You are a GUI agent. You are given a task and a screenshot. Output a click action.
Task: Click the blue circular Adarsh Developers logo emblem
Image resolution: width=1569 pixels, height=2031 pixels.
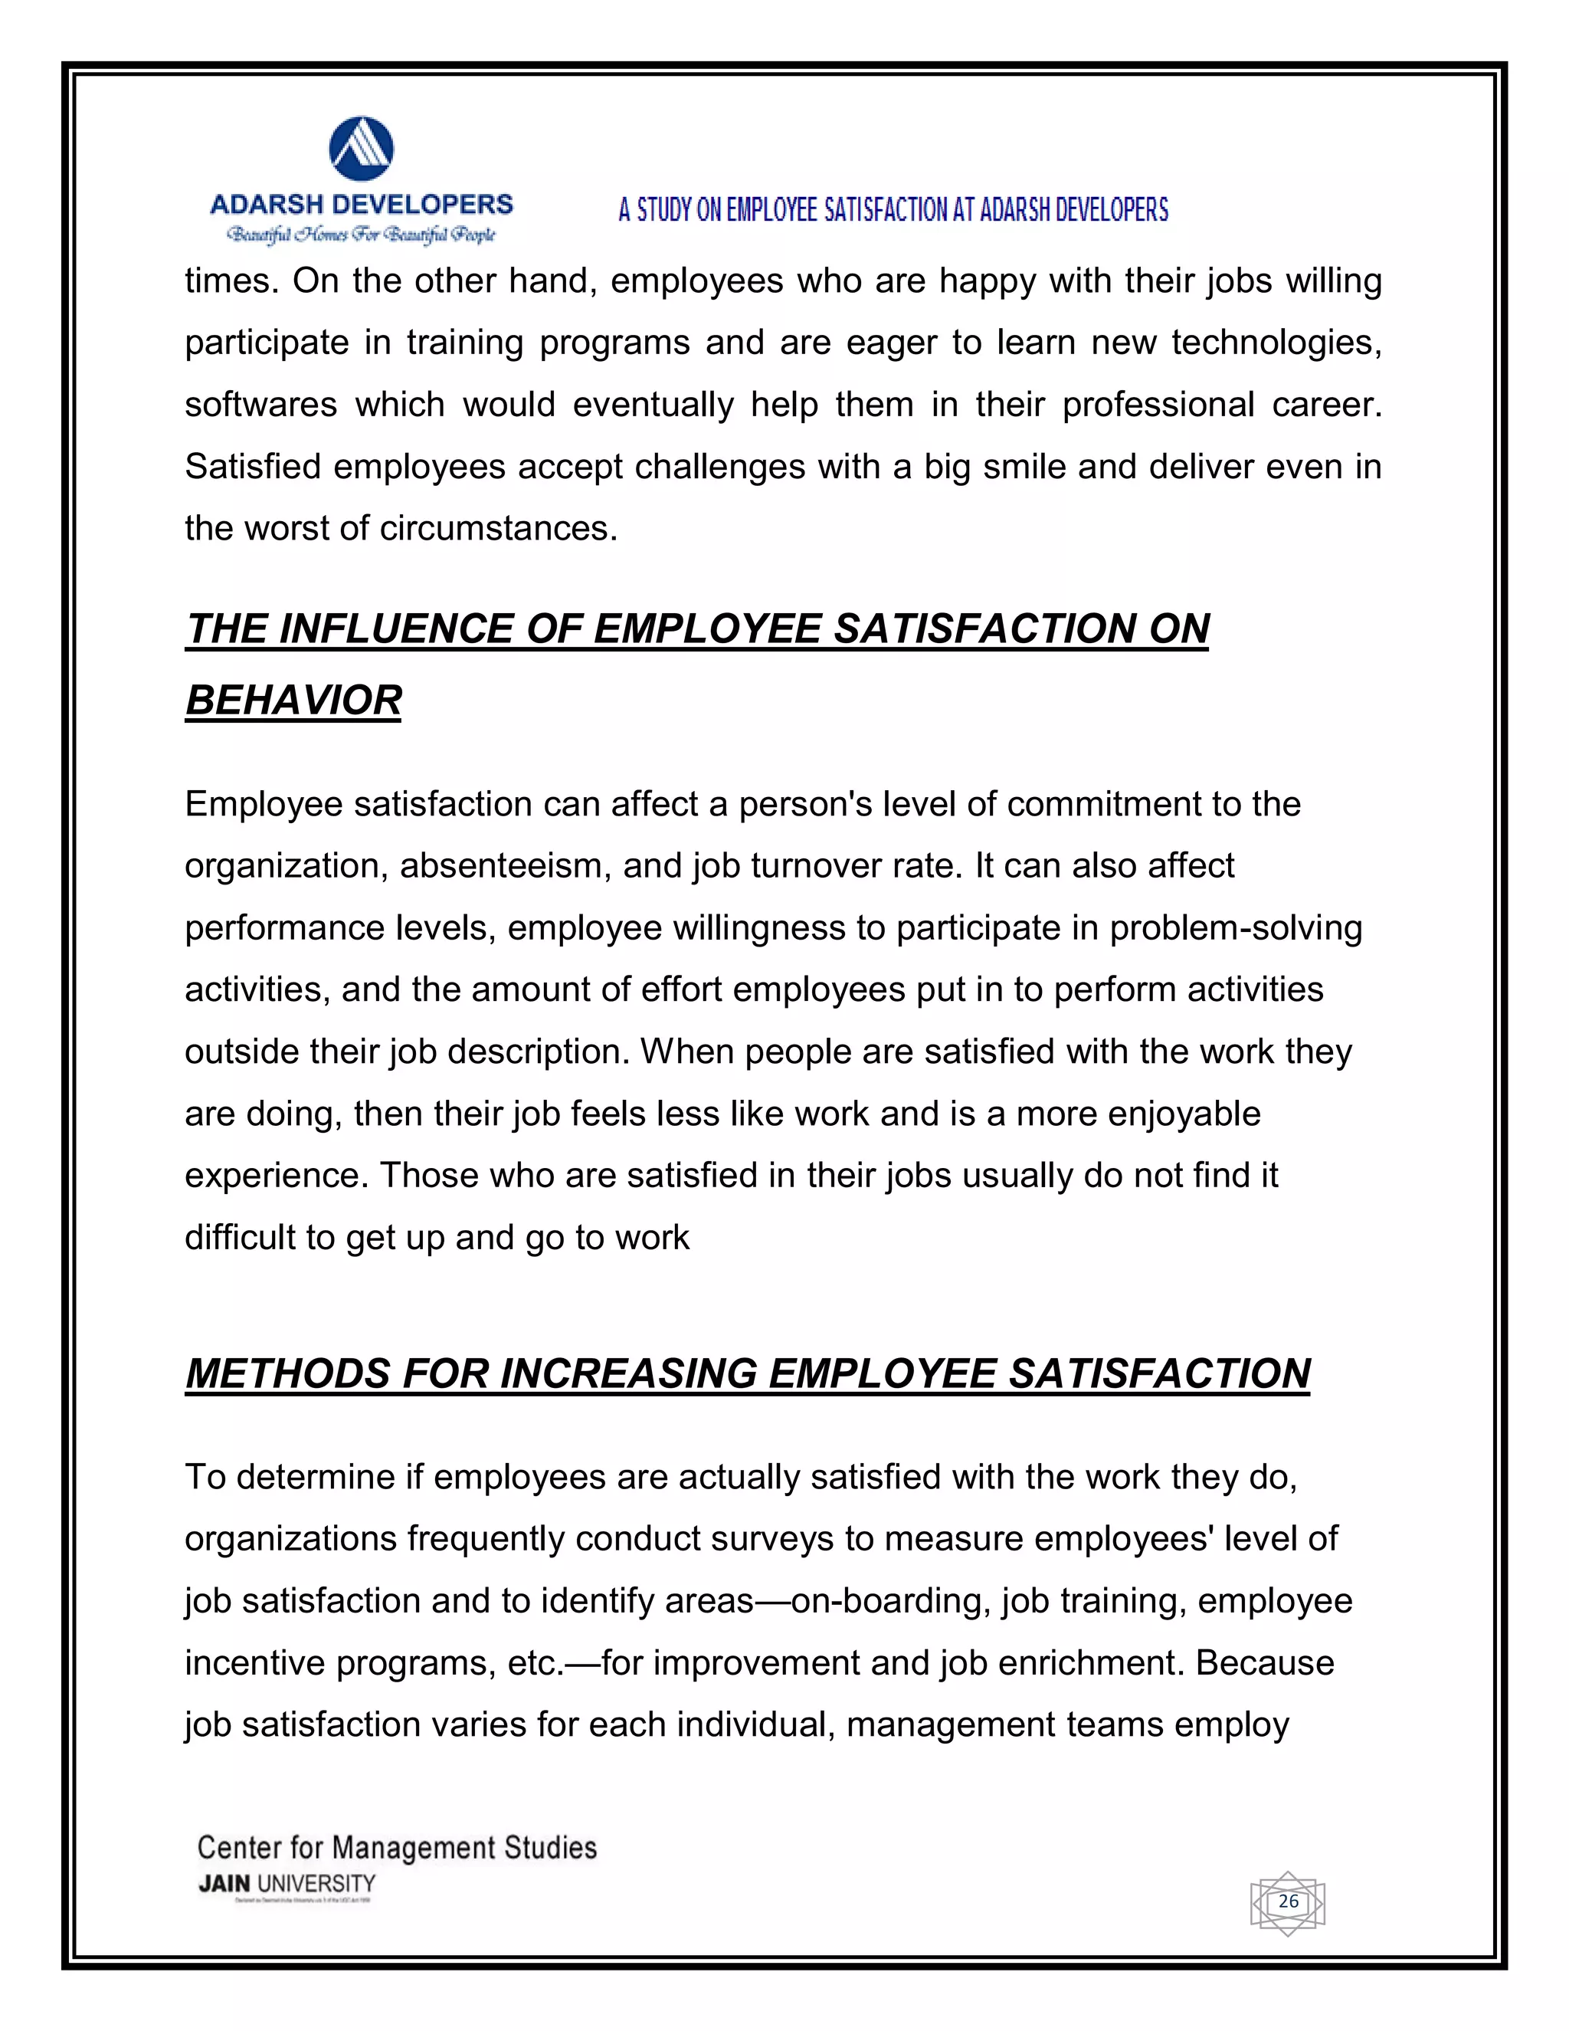click(x=362, y=149)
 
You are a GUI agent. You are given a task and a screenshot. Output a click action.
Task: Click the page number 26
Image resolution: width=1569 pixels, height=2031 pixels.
click(x=1287, y=1901)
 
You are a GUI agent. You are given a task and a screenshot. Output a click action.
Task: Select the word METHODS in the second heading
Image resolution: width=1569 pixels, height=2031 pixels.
click(x=287, y=1373)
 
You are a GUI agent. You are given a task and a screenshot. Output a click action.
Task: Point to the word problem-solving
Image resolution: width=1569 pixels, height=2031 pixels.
click(x=1235, y=928)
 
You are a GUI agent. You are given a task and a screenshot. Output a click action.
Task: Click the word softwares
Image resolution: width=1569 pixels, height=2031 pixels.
click(x=260, y=405)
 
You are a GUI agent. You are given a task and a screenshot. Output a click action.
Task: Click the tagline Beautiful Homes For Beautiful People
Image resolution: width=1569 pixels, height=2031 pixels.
click(x=362, y=235)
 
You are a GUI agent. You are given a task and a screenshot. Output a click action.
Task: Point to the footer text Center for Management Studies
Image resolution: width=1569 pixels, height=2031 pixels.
click(x=397, y=1847)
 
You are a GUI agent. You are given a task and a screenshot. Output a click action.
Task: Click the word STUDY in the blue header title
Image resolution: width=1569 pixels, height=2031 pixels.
click(x=663, y=210)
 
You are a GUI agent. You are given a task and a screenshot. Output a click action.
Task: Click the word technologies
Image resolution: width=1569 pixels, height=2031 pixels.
click(x=1276, y=343)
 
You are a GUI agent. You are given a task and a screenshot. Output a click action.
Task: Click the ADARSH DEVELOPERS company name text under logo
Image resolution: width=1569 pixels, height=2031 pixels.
click(x=362, y=205)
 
